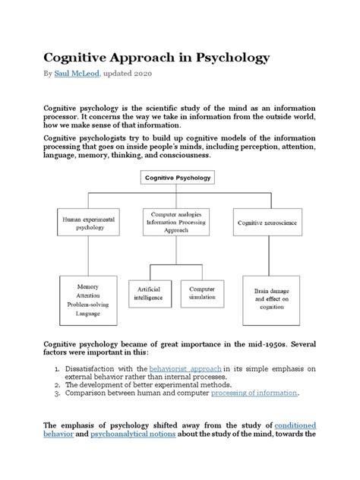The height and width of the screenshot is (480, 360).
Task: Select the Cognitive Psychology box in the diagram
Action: (x=178, y=178)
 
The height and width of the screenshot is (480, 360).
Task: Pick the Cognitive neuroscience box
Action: (x=268, y=222)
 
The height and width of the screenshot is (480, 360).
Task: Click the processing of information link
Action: (x=254, y=393)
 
